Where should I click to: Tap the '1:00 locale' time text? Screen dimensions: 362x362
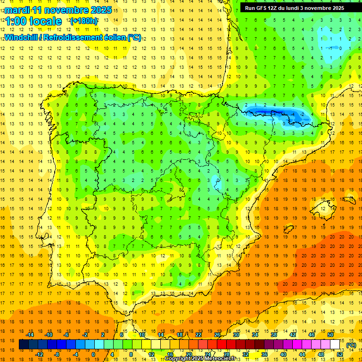pos(33,21)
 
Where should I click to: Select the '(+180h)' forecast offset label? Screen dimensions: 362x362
pos(84,21)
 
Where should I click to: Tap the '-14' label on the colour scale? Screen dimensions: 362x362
pos(31,335)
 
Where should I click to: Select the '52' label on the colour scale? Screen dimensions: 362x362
pos(340,354)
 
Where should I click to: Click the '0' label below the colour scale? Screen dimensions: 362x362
pos(94,354)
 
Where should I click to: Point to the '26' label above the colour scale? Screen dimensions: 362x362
pos(217,335)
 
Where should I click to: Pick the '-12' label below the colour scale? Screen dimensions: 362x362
pos(40,354)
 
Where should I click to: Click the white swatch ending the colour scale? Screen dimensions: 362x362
pos(335,345)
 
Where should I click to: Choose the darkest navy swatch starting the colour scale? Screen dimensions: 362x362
pos(24,345)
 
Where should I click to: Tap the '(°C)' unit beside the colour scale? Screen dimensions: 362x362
pos(351,345)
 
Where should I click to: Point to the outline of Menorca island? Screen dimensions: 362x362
pos(349,199)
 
